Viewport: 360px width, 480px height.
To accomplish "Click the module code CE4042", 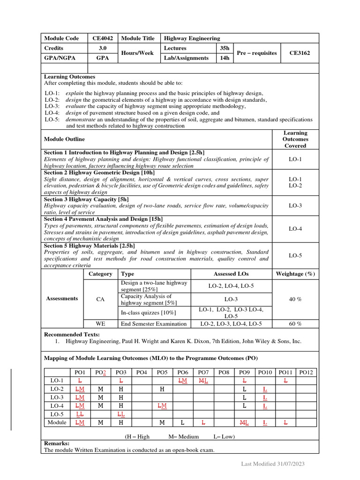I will point(103,38).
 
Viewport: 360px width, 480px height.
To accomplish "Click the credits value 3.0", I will point(103,48).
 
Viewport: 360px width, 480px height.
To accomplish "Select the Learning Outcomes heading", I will point(69,77).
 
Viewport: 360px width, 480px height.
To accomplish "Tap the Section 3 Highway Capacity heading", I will point(86,199).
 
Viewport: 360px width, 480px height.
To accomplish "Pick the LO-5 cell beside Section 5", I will point(295,255).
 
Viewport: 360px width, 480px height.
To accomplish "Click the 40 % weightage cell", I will point(295,299).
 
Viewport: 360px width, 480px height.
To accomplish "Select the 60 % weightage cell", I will point(295,324).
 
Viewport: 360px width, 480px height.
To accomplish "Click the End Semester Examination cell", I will point(154,324).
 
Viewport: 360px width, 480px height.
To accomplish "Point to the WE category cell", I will point(100,324).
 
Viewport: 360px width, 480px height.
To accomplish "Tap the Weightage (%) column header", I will point(295,274).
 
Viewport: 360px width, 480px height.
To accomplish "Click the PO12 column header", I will point(306,372).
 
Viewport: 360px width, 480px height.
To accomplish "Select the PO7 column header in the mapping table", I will point(203,372).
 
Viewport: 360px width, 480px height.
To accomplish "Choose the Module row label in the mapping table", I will point(57,422).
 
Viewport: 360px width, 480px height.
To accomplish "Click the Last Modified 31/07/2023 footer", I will point(273,464).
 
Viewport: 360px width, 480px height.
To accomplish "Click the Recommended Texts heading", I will point(72,334).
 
